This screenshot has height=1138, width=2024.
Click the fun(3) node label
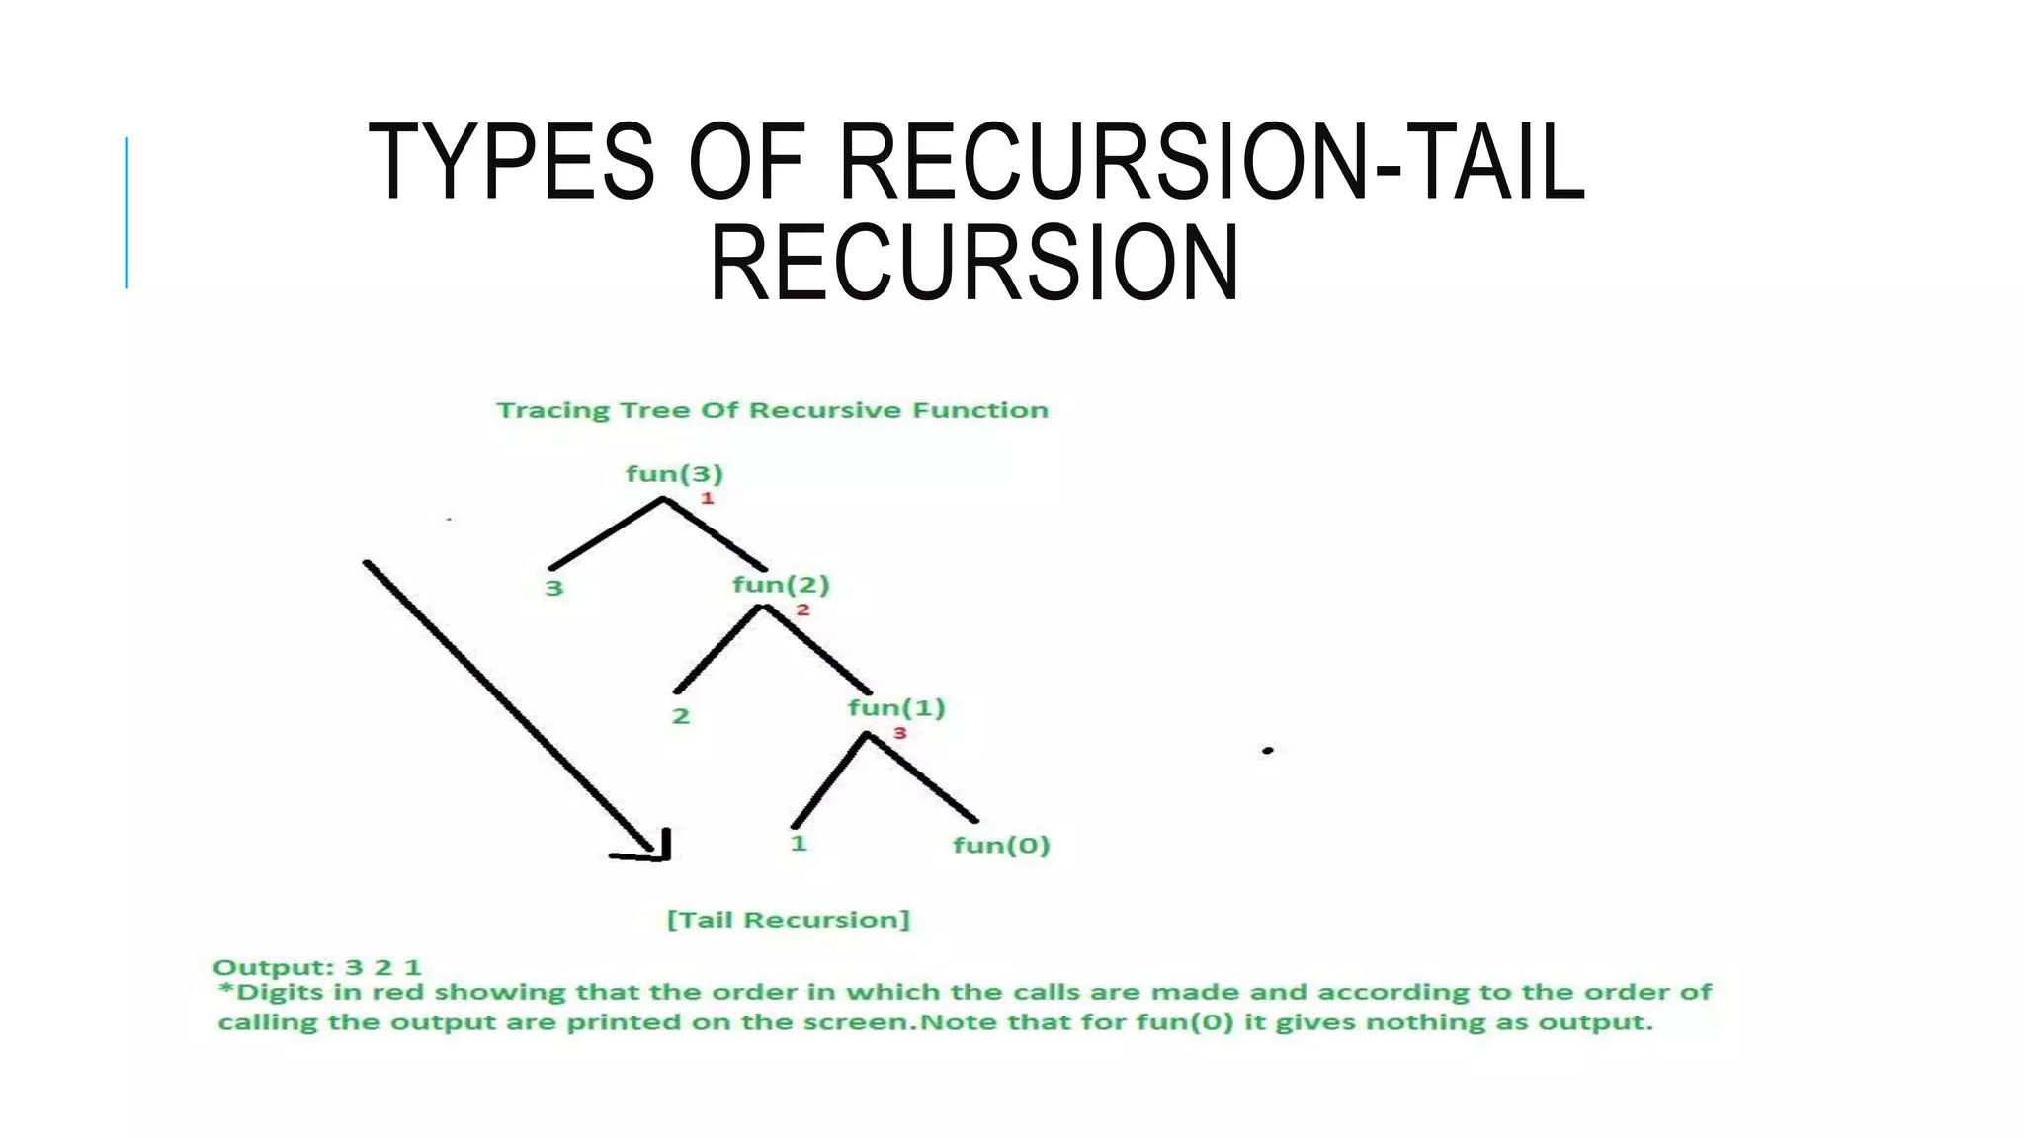pos(674,474)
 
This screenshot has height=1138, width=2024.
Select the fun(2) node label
pos(781,585)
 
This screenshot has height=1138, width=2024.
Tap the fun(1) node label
pos(896,708)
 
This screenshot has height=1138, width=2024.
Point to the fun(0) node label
pos(1000,846)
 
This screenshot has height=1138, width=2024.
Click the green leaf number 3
pos(553,589)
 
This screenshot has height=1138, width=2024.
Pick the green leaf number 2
pos(680,716)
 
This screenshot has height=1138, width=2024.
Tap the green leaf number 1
pos(799,844)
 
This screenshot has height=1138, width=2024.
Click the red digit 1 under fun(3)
pos(707,498)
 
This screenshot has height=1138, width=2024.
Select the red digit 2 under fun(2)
pos(802,610)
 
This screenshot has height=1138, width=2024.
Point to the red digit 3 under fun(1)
pos(899,733)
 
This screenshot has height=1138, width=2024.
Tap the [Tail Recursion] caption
pos(788,920)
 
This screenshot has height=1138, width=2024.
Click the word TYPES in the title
pos(510,163)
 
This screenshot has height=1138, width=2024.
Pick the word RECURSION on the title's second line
pos(973,264)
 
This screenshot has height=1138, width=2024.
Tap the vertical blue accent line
pos(126,212)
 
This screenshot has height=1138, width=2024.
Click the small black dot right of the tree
pos(1267,751)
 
